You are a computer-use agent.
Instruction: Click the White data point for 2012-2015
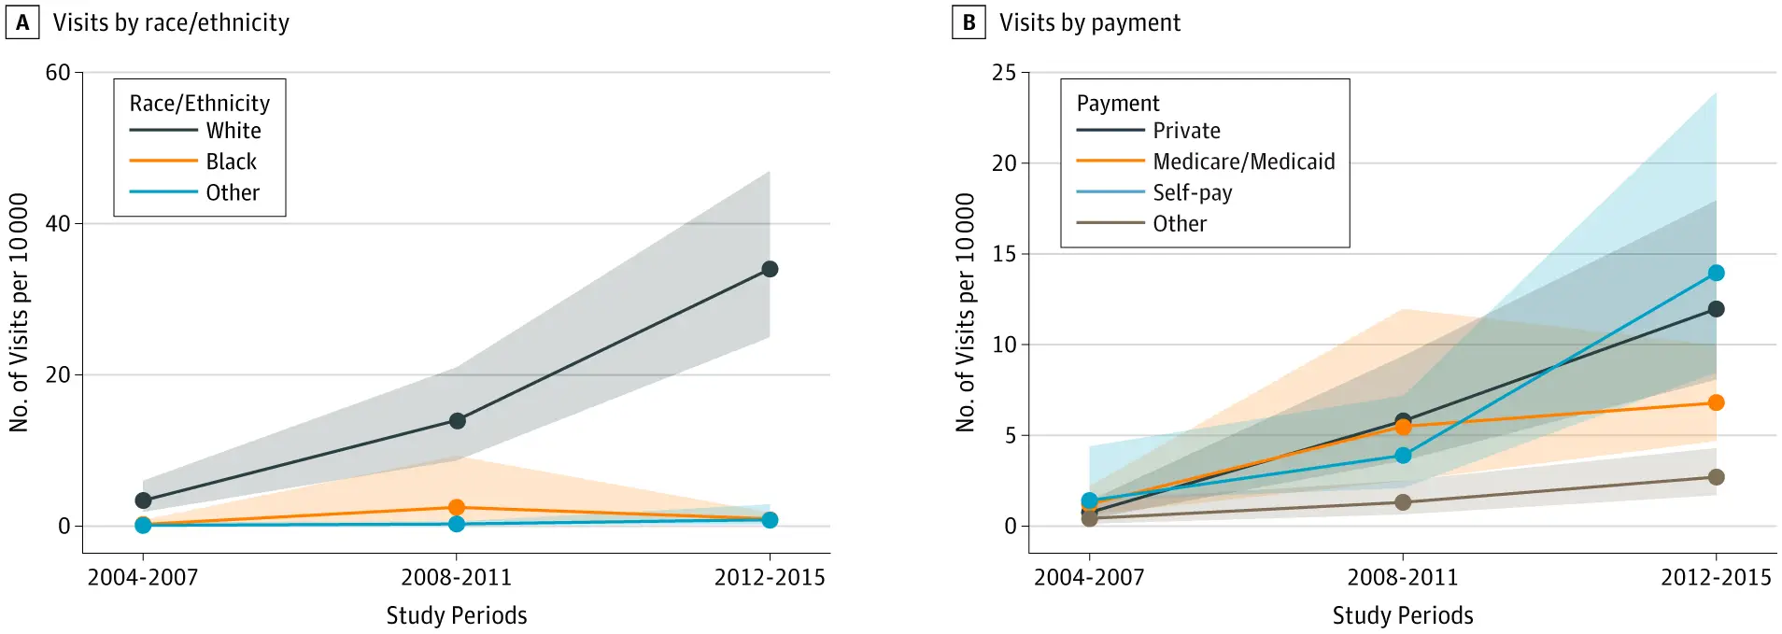770,269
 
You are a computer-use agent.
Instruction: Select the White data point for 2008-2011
457,421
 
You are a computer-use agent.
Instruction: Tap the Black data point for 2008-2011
457,508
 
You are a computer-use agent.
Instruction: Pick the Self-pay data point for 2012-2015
1716,273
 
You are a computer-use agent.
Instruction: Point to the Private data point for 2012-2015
1716,309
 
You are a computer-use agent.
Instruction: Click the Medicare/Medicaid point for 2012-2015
1716,402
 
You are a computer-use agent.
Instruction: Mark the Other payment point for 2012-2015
1716,477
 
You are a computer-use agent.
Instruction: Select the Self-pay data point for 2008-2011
1403,456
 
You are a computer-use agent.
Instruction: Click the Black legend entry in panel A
231,162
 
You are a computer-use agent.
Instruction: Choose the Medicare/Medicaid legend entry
1243,162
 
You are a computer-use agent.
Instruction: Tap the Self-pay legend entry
1192,192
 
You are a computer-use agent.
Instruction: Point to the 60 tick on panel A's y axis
58,73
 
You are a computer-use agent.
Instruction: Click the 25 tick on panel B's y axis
1004,73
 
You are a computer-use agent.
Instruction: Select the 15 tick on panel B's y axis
1004,254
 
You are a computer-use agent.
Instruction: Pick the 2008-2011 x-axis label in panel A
457,577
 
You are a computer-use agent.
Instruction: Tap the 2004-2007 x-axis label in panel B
1089,577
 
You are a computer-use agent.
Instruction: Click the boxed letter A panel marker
22,22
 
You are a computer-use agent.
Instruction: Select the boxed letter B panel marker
969,22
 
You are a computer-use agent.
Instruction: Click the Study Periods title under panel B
1403,615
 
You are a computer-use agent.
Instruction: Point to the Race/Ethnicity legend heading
199,103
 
